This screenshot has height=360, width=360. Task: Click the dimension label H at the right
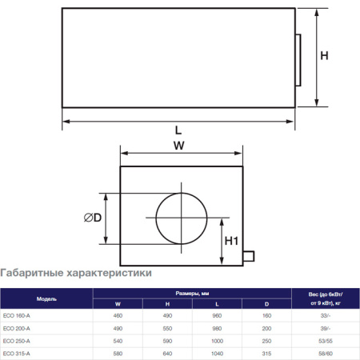(x=324, y=55)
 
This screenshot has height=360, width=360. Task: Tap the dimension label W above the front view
(x=179, y=146)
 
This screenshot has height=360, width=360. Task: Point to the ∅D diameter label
(x=93, y=218)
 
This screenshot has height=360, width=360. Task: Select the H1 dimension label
(x=231, y=240)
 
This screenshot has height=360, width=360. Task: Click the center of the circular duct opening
(x=181, y=218)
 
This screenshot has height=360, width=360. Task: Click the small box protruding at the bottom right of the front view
(x=248, y=256)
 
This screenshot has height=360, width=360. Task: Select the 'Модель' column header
(x=46, y=298)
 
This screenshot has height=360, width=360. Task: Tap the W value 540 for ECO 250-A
(x=118, y=341)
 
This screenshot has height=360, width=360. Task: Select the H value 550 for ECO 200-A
(x=167, y=328)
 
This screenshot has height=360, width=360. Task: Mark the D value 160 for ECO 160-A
(x=266, y=316)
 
